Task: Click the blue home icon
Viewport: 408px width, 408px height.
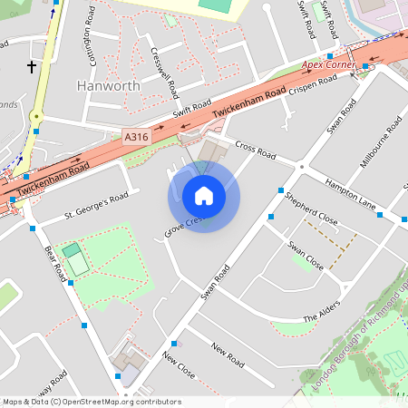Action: click(204, 196)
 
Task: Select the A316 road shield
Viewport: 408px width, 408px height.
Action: click(136, 137)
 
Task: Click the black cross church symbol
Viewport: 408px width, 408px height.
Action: click(32, 66)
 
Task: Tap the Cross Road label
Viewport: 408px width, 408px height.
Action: click(255, 150)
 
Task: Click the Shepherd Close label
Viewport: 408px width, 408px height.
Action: click(311, 209)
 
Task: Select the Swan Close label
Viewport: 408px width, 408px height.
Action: click(306, 256)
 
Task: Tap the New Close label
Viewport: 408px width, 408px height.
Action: click(179, 364)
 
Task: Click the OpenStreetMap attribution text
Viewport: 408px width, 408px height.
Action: click(92, 402)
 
